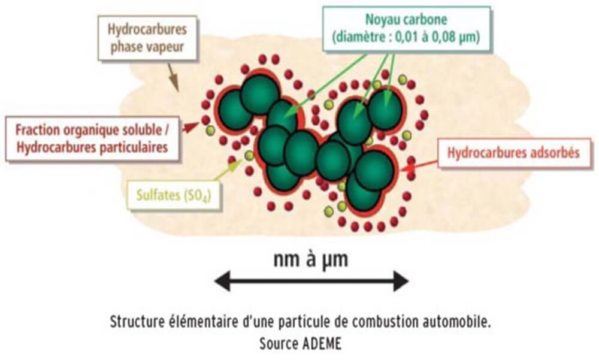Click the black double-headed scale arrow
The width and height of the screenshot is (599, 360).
(311, 280)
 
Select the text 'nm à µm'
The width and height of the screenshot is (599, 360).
(310, 260)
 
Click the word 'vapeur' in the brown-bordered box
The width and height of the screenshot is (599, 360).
(164, 46)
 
